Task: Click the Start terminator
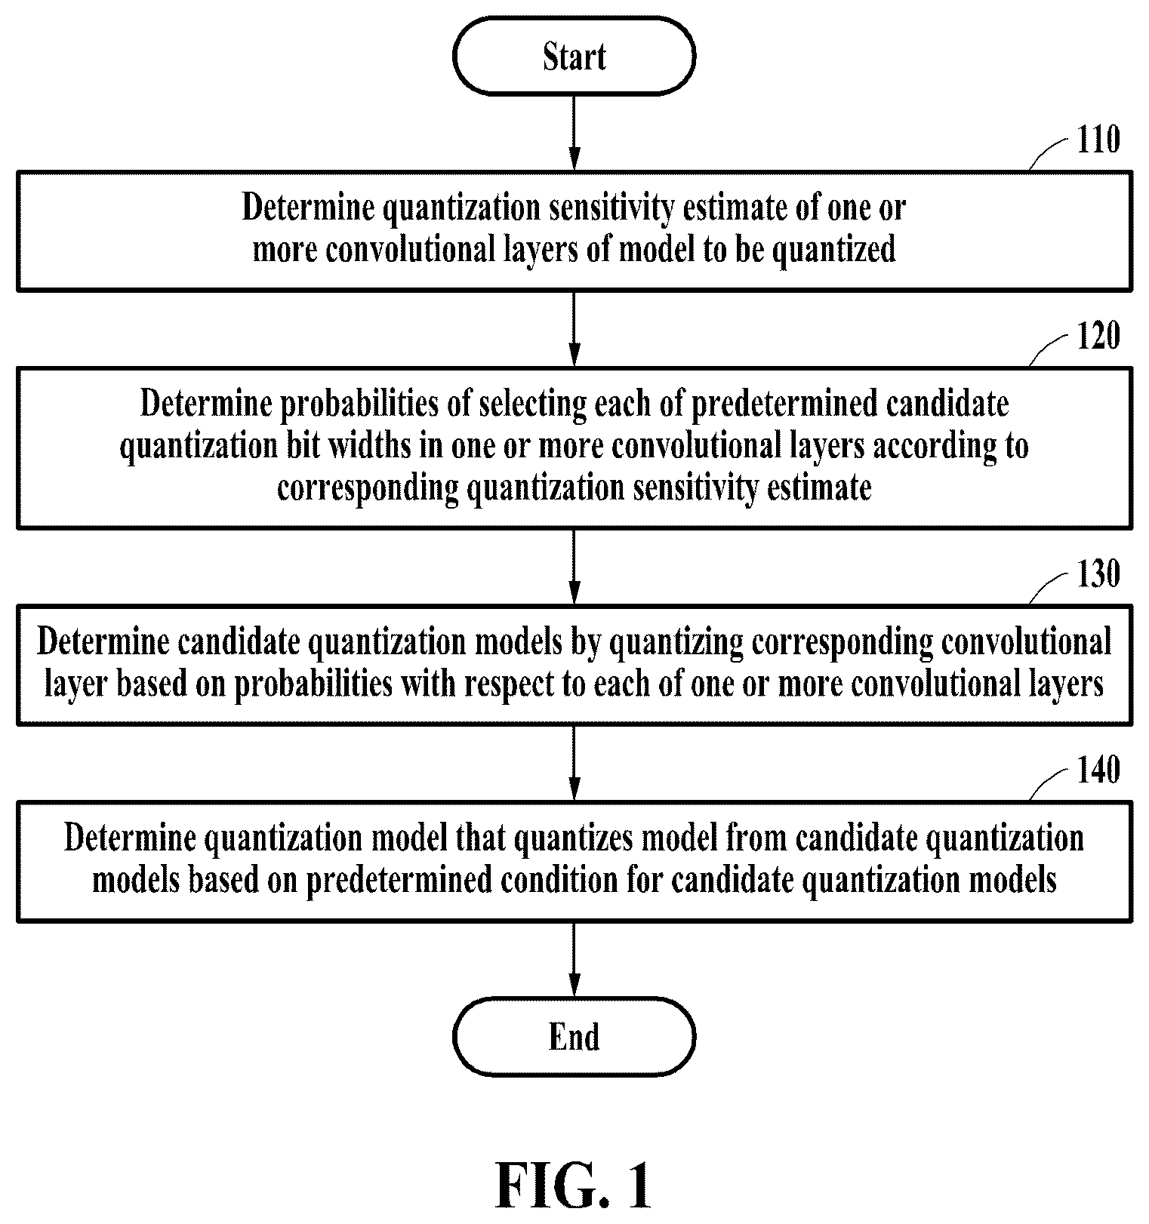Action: click(x=574, y=57)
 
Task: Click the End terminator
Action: click(x=574, y=1036)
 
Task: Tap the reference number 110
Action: click(x=1098, y=140)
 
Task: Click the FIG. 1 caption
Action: click(x=574, y=1186)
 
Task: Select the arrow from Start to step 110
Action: click(x=574, y=133)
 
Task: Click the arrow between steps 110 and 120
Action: click(x=574, y=329)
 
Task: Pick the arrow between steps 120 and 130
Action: click(x=574, y=567)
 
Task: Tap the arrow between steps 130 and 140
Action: click(x=574, y=763)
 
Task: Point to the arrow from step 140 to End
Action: click(x=574, y=959)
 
